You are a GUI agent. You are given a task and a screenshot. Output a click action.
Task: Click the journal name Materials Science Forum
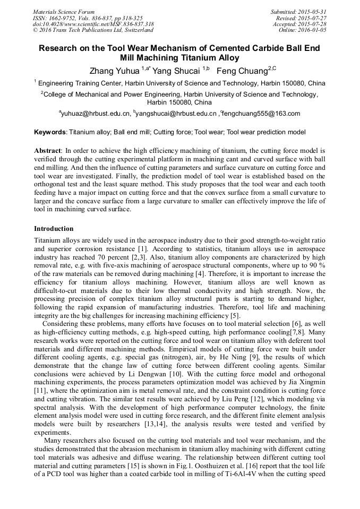tap(64, 12)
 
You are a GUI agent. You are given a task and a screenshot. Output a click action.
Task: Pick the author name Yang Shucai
tap(176, 70)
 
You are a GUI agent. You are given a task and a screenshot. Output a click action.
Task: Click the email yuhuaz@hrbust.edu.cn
tap(96, 114)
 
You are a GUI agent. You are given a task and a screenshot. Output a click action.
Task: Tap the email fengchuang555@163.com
tap(261, 114)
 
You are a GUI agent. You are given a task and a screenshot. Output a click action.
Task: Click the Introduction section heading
tap(54, 229)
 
